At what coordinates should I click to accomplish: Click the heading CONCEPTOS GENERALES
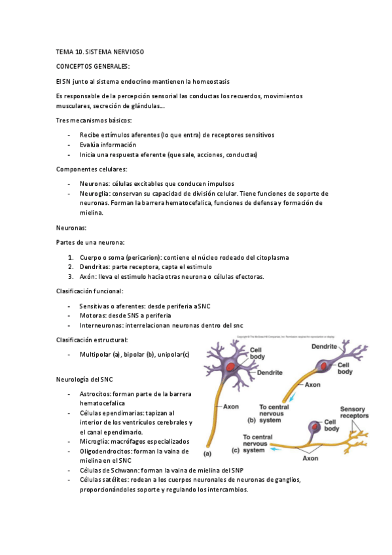point(93,66)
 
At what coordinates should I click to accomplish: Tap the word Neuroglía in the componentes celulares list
point(95,194)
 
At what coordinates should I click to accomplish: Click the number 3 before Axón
point(70,277)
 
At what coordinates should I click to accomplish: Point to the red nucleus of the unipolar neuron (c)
point(316,428)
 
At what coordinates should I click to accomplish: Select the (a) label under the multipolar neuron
point(207,453)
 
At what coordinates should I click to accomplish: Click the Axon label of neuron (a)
point(231,406)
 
